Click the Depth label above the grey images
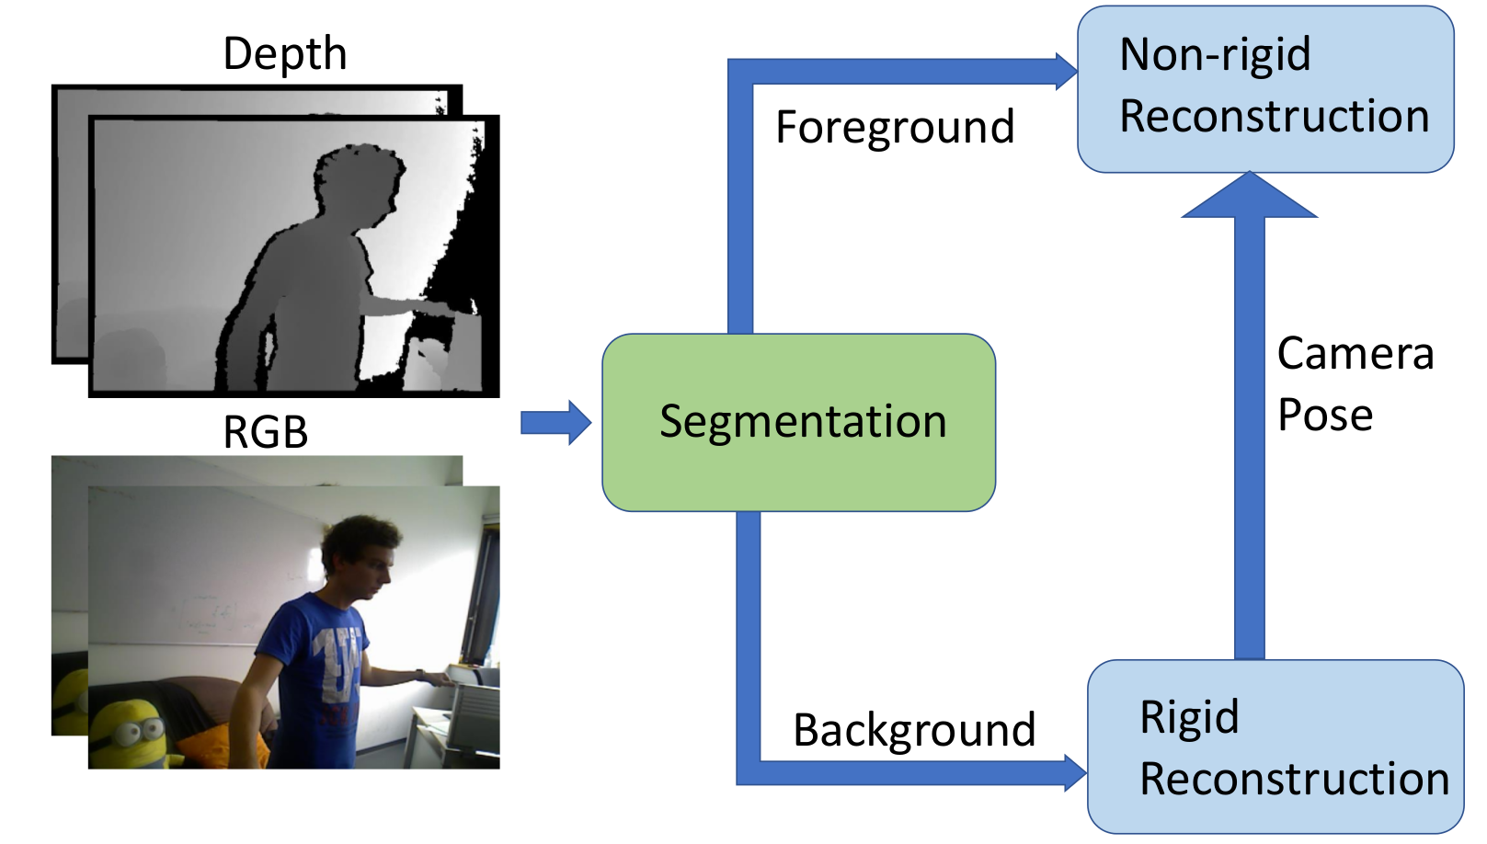(x=285, y=54)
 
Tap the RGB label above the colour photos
(x=266, y=432)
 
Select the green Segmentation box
(x=798, y=423)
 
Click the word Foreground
(x=895, y=127)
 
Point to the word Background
(x=914, y=731)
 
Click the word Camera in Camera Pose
(x=1355, y=353)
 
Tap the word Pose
(x=1325, y=416)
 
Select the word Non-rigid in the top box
(x=1215, y=54)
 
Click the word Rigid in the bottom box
(x=1189, y=718)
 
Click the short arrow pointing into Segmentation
(x=555, y=423)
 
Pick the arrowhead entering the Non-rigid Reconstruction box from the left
(x=1066, y=71)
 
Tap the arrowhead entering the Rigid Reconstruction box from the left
(x=1075, y=773)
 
